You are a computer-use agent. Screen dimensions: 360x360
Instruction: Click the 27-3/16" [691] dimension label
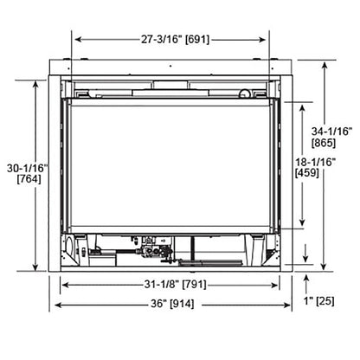click(142, 38)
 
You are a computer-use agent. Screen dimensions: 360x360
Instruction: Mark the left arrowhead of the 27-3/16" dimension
click(77, 38)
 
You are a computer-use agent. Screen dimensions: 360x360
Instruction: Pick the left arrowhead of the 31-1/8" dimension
click(65, 284)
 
